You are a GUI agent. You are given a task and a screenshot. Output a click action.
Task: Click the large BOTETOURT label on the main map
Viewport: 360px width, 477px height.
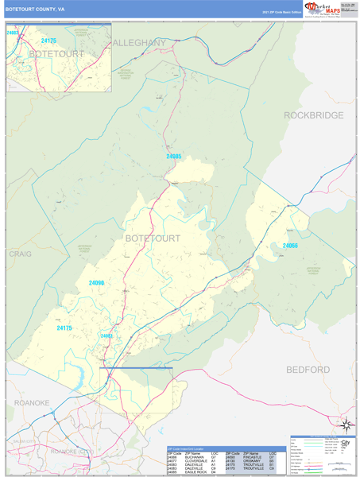click(153, 238)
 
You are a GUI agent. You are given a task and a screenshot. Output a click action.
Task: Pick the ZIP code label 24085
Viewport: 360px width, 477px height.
click(174, 156)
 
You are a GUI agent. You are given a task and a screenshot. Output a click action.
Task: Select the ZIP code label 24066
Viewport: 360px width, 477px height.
click(290, 246)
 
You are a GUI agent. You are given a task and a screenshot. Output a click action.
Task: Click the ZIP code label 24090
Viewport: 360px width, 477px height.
click(97, 283)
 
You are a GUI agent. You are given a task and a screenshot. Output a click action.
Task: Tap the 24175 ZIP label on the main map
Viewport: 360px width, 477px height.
click(64, 328)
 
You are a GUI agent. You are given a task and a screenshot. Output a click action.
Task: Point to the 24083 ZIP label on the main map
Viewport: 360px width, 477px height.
click(106, 335)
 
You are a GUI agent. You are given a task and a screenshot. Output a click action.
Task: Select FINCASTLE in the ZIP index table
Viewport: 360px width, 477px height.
click(252, 457)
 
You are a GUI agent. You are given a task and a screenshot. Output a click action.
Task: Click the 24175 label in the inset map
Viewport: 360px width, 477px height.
click(48, 40)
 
